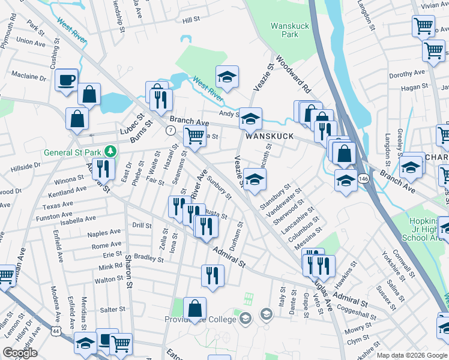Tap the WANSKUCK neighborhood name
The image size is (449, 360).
pos(268,136)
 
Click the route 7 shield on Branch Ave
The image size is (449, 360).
pos(171,130)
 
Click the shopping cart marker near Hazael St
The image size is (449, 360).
pos(194,137)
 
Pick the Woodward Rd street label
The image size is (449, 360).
pos(294,74)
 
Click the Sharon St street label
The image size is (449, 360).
pos(128,270)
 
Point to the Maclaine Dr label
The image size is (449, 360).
pos(28,76)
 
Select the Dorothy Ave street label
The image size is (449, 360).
pos(406,74)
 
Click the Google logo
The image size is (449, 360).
pos(20,353)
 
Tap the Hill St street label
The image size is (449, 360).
pos(191,20)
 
